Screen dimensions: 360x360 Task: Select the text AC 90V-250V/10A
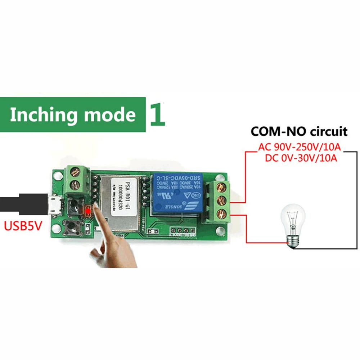click(300, 147)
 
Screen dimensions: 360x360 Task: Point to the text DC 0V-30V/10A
click(301, 158)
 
